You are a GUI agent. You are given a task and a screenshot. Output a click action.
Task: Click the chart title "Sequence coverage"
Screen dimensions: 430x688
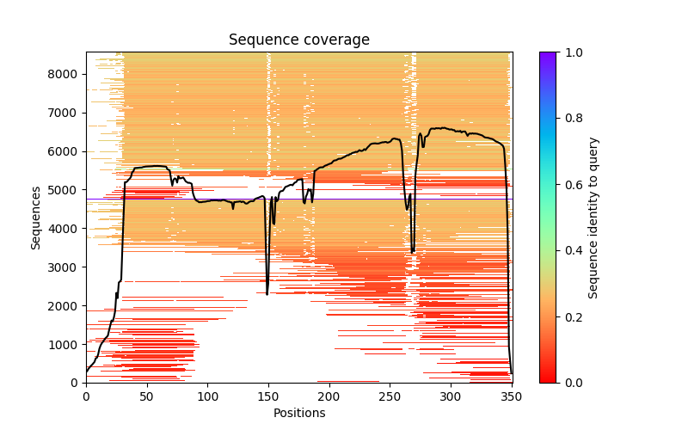(298, 40)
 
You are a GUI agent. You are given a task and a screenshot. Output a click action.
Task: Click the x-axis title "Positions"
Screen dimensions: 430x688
(298, 413)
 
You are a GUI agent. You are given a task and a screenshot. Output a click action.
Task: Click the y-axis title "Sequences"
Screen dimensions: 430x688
(36, 217)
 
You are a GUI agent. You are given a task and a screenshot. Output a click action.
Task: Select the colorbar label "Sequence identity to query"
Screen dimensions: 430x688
(593, 218)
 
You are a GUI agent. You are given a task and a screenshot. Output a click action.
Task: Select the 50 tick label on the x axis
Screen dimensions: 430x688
(147, 396)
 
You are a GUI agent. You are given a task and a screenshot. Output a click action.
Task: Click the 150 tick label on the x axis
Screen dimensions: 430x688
(268, 396)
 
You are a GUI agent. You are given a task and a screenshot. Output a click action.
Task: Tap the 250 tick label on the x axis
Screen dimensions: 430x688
(390, 396)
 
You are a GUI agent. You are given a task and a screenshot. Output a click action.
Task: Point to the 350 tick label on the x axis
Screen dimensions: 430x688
(512, 396)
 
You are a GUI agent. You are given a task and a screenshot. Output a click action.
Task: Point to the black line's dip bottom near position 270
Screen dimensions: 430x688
(413, 252)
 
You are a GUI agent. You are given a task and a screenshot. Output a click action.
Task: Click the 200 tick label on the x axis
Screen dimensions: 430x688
(329, 396)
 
